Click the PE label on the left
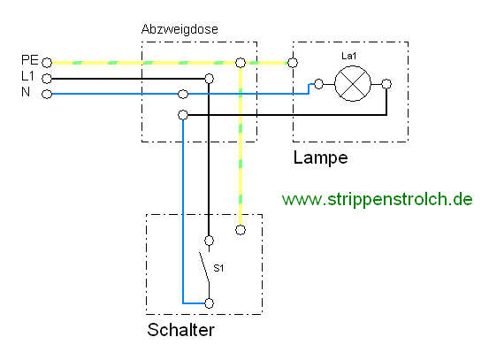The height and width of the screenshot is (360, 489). pyautogui.click(x=30, y=60)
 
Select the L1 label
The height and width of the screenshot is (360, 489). pyautogui.click(x=27, y=76)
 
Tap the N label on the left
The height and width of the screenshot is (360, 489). pyautogui.click(x=26, y=92)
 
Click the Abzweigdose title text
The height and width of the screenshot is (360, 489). pyautogui.click(x=180, y=29)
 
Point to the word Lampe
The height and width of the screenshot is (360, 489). pyautogui.click(x=321, y=157)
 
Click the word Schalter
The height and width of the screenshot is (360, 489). pyautogui.click(x=181, y=330)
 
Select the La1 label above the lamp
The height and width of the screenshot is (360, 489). pyautogui.click(x=349, y=56)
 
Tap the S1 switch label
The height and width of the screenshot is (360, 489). pyautogui.click(x=218, y=268)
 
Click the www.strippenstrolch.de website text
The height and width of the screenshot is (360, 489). pyautogui.click(x=377, y=199)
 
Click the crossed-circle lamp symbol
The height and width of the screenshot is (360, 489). pyautogui.click(x=353, y=84)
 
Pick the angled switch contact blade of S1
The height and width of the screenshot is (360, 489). pyautogui.click(x=204, y=267)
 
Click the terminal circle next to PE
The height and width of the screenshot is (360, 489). pyautogui.click(x=47, y=63)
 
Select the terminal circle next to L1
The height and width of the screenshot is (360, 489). pyautogui.click(x=47, y=79)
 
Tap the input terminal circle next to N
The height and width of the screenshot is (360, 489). pyautogui.click(x=47, y=94)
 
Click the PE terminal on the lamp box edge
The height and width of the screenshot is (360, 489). pyautogui.click(x=293, y=63)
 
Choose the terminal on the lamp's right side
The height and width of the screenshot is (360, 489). pyautogui.click(x=386, y=84)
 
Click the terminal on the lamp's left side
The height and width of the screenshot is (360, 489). pyautogui.click(x=318, y=84)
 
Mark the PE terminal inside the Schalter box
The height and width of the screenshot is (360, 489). pyautogui.click(x=241, y=230)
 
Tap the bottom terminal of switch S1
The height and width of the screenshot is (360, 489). pyautogui.click(x=210, y=303)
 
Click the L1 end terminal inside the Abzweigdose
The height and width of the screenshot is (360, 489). pyautogui.click(x=210, y=79)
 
